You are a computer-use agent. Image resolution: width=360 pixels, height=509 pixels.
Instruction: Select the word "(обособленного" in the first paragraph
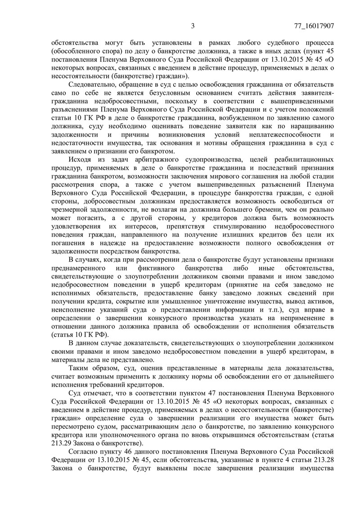click(76, 51)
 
